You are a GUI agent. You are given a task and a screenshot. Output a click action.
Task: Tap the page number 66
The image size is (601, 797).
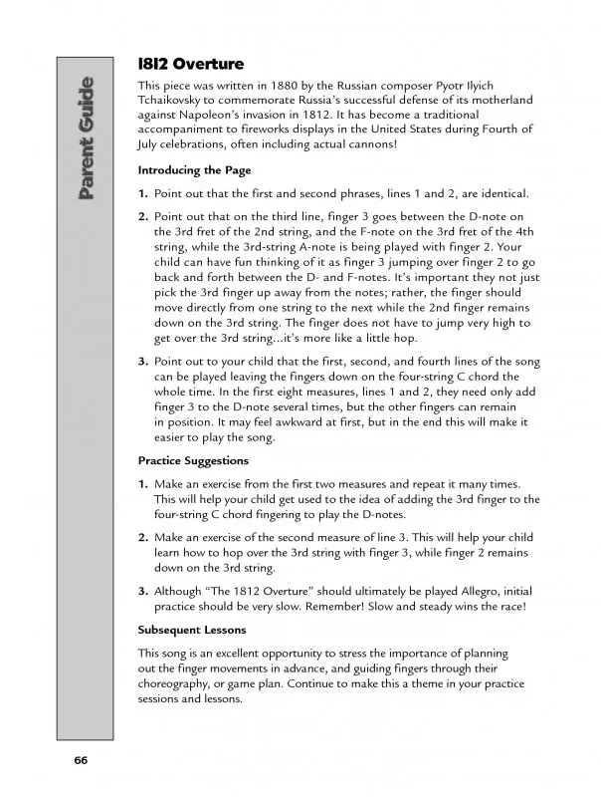tap(81, 760)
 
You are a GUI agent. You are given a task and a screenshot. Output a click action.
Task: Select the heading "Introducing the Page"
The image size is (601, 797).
tap(194, 169)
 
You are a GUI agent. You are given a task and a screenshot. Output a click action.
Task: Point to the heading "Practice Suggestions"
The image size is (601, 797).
tap(194, 461)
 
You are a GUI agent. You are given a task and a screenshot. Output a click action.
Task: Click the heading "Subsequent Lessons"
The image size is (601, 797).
tap(192, 630)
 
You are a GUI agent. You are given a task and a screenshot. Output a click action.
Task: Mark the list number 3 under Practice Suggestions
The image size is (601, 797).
tap(142, 590)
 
